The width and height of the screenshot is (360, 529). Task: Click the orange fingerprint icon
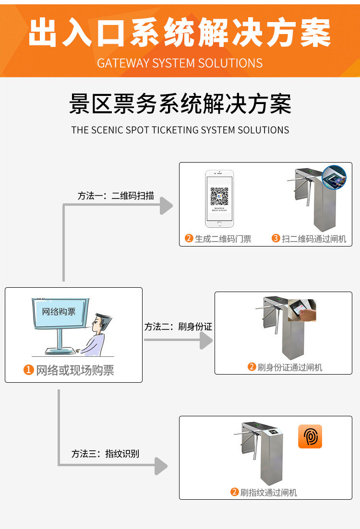tap(310, 436)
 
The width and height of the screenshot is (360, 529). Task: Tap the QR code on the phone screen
tap(219, 197)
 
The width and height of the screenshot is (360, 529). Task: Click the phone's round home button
tap(219, 223)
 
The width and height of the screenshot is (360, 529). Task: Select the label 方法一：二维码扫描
tap(116, 196)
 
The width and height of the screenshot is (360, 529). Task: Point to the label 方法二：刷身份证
tap(178, 327)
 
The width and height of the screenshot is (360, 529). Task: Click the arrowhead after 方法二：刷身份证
tap(206, 340)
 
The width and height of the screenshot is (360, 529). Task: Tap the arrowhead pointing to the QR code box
tap(166, 205)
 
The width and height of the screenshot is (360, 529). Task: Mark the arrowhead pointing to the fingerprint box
tap(161, 466)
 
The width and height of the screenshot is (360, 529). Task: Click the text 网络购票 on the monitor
tap(59, 312)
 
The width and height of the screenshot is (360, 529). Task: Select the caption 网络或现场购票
tap(75, 370)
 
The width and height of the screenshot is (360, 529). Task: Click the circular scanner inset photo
tap(334, 177)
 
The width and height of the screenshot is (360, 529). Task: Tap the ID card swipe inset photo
tap(302, 310)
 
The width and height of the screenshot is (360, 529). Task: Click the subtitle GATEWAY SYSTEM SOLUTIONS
tap(180, 63)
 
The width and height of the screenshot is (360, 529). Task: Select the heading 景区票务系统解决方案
tap(180, 104)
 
